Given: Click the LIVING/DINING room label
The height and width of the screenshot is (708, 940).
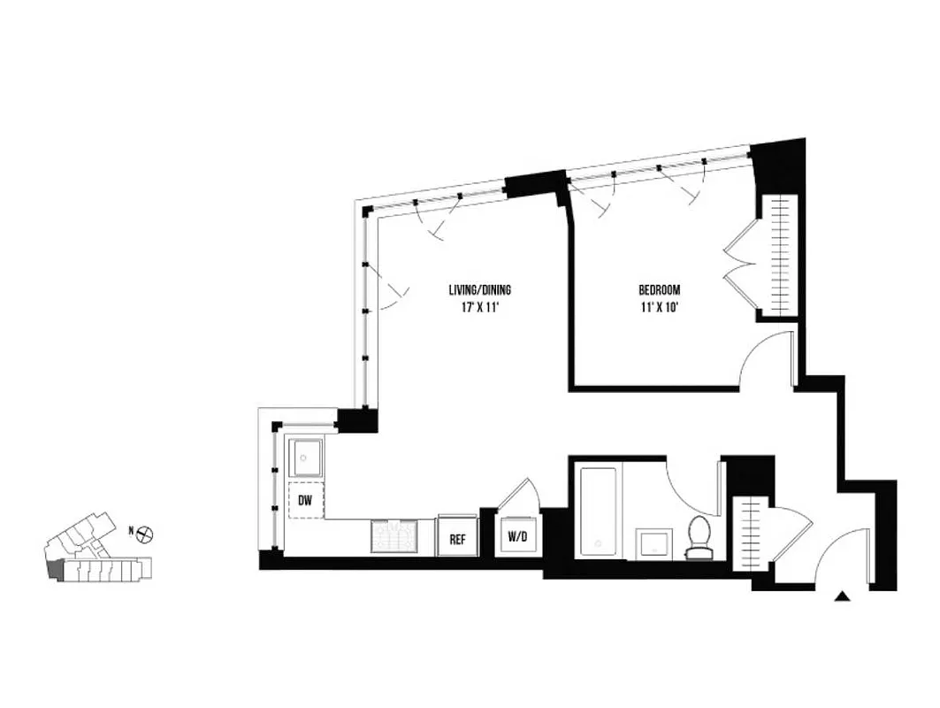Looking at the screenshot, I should [478, 289].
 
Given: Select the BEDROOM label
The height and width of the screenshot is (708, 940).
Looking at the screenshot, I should [660, 289].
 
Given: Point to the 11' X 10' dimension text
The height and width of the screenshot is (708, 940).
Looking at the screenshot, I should [660, 308].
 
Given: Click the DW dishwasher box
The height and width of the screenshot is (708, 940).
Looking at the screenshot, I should [305, 501].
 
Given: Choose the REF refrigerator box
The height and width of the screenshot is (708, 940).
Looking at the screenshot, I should [458, 537].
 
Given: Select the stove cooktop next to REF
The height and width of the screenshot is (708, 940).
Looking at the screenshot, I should [398, 535].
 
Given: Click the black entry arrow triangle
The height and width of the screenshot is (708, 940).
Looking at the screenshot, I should [844, 597].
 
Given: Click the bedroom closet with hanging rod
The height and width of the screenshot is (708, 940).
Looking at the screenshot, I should [781, 254].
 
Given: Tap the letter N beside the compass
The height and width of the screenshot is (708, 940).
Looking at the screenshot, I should [131, 531].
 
